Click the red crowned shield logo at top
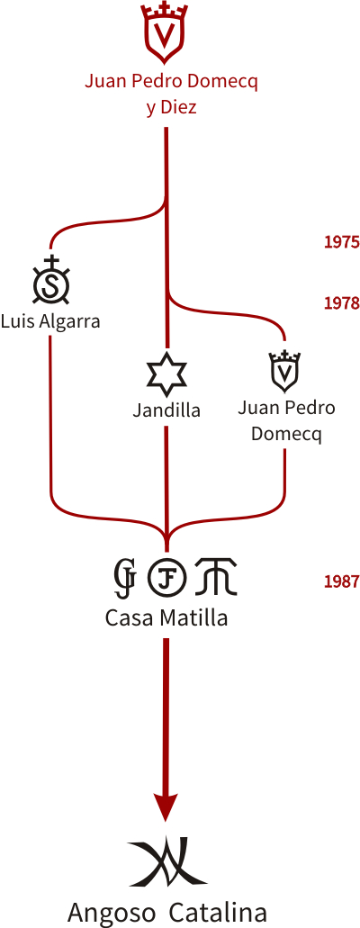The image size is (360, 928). [x=164, y=33]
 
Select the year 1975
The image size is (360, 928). [x=342, y=242]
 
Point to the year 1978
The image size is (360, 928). [x=342, y=303]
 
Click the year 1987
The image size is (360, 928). [x=342, y=581]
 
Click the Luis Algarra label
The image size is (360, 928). [x=50, y=322]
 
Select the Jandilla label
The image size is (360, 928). [x=166, y=410]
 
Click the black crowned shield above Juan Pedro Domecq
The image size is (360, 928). [x=284, y=371]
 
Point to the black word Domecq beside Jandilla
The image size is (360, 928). [x=286, y=433]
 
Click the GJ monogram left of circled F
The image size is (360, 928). [x=126, y=576]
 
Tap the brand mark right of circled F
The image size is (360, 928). [x=216, y=576]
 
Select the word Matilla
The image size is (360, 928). [x=193, y=617]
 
